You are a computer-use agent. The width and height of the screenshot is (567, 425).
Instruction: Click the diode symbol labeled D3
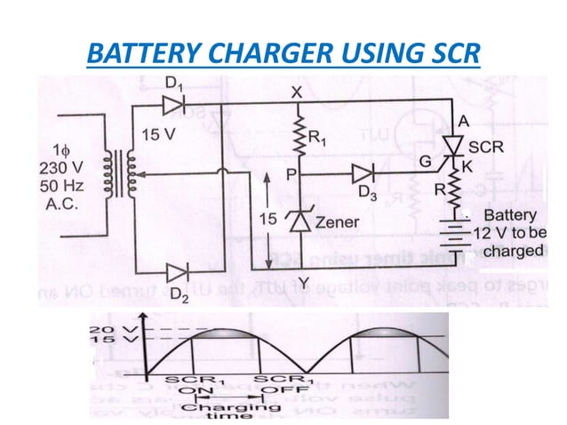pos(363,172)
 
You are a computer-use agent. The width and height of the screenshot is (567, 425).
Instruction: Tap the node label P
pos(289,175)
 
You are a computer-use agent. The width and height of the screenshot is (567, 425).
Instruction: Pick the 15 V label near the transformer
pos(158,134)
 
